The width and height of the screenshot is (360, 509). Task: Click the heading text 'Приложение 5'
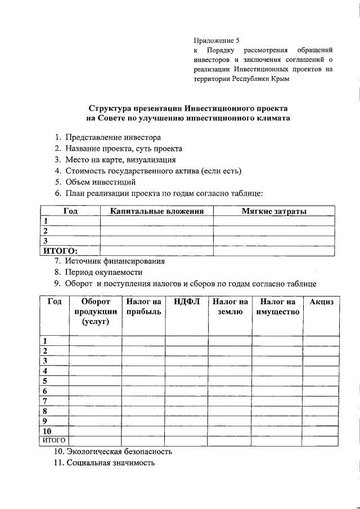(217, 40)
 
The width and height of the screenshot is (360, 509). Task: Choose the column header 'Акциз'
(321, 302)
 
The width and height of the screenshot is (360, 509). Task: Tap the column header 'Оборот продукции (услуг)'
(95, 312)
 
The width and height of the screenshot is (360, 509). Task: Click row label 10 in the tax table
(47, 431)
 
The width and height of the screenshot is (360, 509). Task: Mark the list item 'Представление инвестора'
(112, 137)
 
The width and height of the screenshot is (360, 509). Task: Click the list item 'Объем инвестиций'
(100, 182)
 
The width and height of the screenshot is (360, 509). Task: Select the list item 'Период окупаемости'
(106, 272)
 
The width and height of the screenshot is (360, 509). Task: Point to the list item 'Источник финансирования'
(115, 261)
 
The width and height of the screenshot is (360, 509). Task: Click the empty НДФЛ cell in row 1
(187, 340)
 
